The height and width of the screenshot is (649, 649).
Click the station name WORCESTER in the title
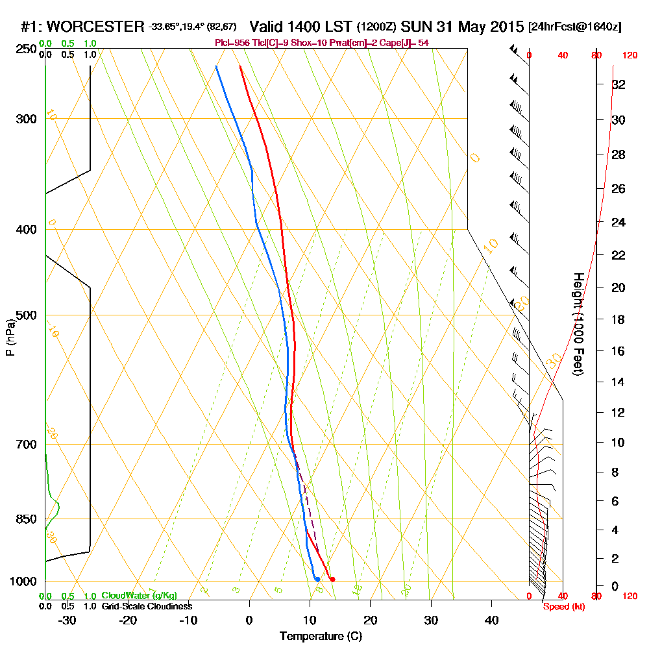pos(96,27)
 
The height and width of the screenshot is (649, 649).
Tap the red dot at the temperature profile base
pos(332,579)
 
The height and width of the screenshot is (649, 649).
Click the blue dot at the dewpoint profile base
pos(317,579)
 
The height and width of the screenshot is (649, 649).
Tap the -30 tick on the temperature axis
pos(67,620)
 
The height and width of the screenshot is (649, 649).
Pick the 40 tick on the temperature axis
pos(491,620)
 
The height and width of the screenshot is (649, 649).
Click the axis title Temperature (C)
pos(321,637)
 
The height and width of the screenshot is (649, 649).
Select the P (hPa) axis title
pos(10,337)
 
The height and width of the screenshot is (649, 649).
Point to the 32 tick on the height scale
pos(619,84)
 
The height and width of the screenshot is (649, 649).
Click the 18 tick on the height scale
pos(619,319)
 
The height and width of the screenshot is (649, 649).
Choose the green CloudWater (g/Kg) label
pos(139,596)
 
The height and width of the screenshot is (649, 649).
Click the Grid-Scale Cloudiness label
pos(147,606)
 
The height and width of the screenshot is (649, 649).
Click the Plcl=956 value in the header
pos(232,43)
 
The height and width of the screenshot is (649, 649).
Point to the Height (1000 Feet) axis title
pos(577,324)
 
